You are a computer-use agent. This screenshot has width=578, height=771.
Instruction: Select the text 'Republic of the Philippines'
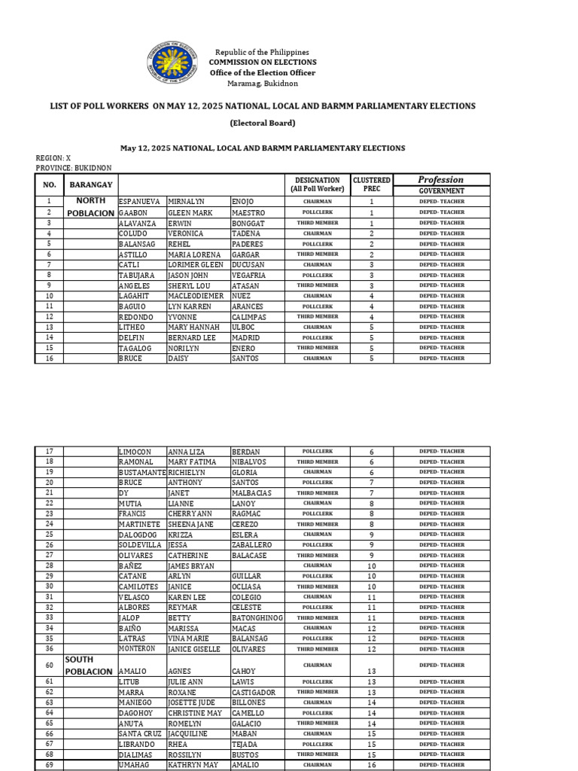click(262, 51)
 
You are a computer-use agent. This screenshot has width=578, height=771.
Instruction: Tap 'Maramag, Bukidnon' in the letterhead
click(262, 84)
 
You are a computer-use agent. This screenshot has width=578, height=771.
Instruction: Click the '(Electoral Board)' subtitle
click(262, 123)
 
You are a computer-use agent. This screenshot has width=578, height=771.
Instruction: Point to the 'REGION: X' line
click(53, 158)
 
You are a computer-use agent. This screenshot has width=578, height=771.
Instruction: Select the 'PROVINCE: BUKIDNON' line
click(74, 167)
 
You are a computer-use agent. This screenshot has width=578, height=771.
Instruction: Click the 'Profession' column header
click(441, 179)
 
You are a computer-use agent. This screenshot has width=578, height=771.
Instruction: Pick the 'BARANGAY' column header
click(91, 184)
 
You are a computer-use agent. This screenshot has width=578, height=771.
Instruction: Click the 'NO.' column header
click(50, 184)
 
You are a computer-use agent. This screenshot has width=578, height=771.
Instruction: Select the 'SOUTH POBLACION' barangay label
click(88, 666)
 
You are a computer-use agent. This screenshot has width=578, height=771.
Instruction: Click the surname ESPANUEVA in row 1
click(140, 202)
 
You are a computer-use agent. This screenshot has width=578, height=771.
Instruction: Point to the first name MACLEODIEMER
click(196, 296)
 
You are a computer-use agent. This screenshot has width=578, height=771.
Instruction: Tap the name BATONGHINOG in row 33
click(257, 617)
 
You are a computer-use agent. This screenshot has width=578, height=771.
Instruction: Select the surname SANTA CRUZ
click(140, 733)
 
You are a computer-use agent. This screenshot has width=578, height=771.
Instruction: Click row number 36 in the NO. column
click(50, 648)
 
